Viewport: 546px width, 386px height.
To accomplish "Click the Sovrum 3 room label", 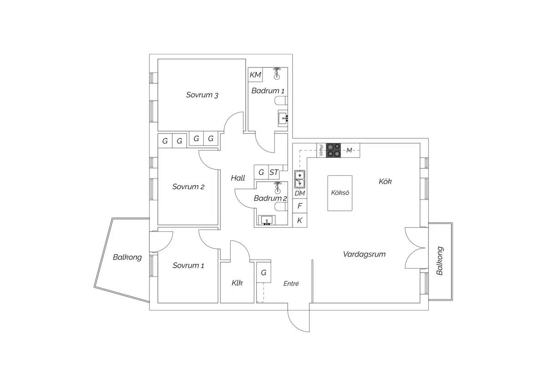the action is click(x=202, y=95).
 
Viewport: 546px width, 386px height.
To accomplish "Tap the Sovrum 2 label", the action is click(x=188, y=187).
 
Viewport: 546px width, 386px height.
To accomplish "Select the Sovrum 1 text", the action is click(x=188, y=265).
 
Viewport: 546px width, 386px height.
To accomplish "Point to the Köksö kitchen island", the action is click(x=340, y=193).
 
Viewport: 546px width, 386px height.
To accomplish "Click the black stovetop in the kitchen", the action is click(x=334, y=150).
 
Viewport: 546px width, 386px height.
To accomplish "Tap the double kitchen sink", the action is click(x=299, y=179).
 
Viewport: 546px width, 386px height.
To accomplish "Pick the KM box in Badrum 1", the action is click(x=255, y=75).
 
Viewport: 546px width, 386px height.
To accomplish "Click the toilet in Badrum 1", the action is click(x=281, y=101).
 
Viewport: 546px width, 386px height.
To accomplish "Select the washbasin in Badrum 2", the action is click(x=267, y=220).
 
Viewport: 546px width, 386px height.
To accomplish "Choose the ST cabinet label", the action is click(x=274, y=173).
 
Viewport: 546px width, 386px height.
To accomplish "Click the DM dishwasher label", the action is click(x=300, y=193).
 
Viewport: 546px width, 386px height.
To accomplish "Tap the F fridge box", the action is click(x=300, y=206).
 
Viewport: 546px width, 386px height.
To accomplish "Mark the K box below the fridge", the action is click(x=300, y=220).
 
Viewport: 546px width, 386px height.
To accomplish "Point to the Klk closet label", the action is click(x=237, y=283).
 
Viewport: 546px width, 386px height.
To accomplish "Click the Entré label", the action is click(x=291, y=283).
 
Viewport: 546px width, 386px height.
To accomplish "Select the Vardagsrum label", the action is click(x=364, y=254).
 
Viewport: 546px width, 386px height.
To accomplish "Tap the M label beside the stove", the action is click(x=349, y=150).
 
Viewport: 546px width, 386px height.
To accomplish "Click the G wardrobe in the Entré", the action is click(x=263, y=272).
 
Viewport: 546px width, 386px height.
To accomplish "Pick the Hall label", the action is click(x=238, y=178).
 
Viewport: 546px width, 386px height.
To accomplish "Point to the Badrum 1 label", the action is click(x=268, y=91).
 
